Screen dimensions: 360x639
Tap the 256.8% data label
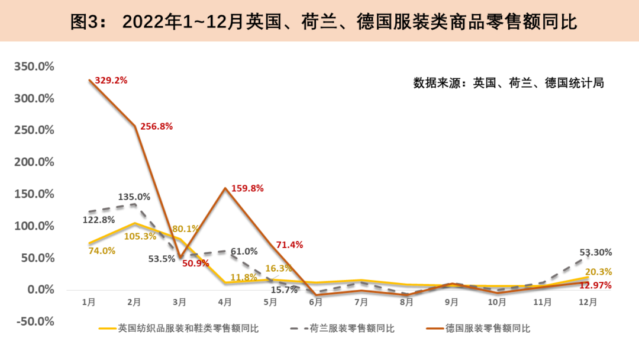click(157, 126)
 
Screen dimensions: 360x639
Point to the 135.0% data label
click(134, 197)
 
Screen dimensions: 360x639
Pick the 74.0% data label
click(102, 250)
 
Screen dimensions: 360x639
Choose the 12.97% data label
click(595, 286)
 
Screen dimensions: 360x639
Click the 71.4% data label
click(289, 245)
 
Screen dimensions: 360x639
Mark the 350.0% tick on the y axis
click(34, 66)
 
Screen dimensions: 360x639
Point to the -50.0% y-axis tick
click(34, 322)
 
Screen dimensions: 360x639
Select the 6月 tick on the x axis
click(315, 302)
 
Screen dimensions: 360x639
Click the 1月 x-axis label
click(89, 302)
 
